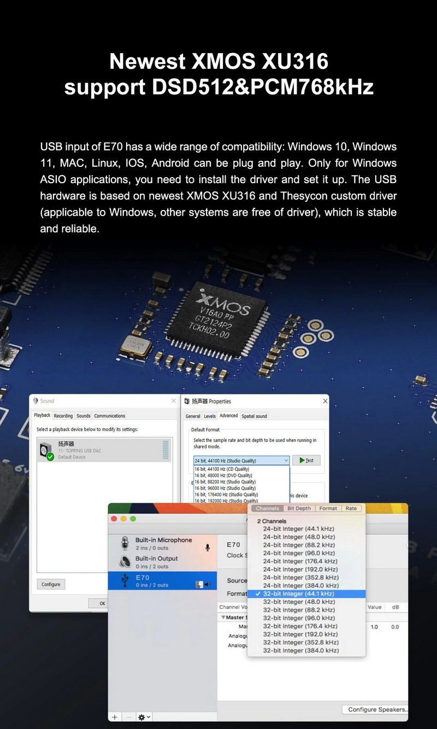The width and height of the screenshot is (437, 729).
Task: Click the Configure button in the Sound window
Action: (51, 584)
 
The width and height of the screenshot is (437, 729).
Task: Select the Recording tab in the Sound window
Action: (63, 416)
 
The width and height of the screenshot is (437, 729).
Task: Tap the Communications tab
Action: (110, 416)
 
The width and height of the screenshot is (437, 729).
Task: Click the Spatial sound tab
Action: (254, 416)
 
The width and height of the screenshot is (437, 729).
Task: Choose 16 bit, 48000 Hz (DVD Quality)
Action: (223, 475)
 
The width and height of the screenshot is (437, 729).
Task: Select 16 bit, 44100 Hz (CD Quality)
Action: (222, 469)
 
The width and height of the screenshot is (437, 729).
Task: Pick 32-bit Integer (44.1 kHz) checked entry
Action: (298, 593)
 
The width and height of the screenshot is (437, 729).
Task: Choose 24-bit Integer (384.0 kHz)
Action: (300, 585)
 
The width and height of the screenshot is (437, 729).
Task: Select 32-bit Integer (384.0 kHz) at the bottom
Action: (300, 650)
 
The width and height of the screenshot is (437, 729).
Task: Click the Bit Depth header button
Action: (299, 508)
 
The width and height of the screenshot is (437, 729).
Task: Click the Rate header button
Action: (351, 508)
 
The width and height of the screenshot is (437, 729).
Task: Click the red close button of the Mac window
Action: (114, 518)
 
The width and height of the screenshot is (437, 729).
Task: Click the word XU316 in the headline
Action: (295, 61)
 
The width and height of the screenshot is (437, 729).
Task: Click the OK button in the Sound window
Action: (102, 603)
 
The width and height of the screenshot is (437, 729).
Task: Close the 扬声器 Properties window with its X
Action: (325, 401)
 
